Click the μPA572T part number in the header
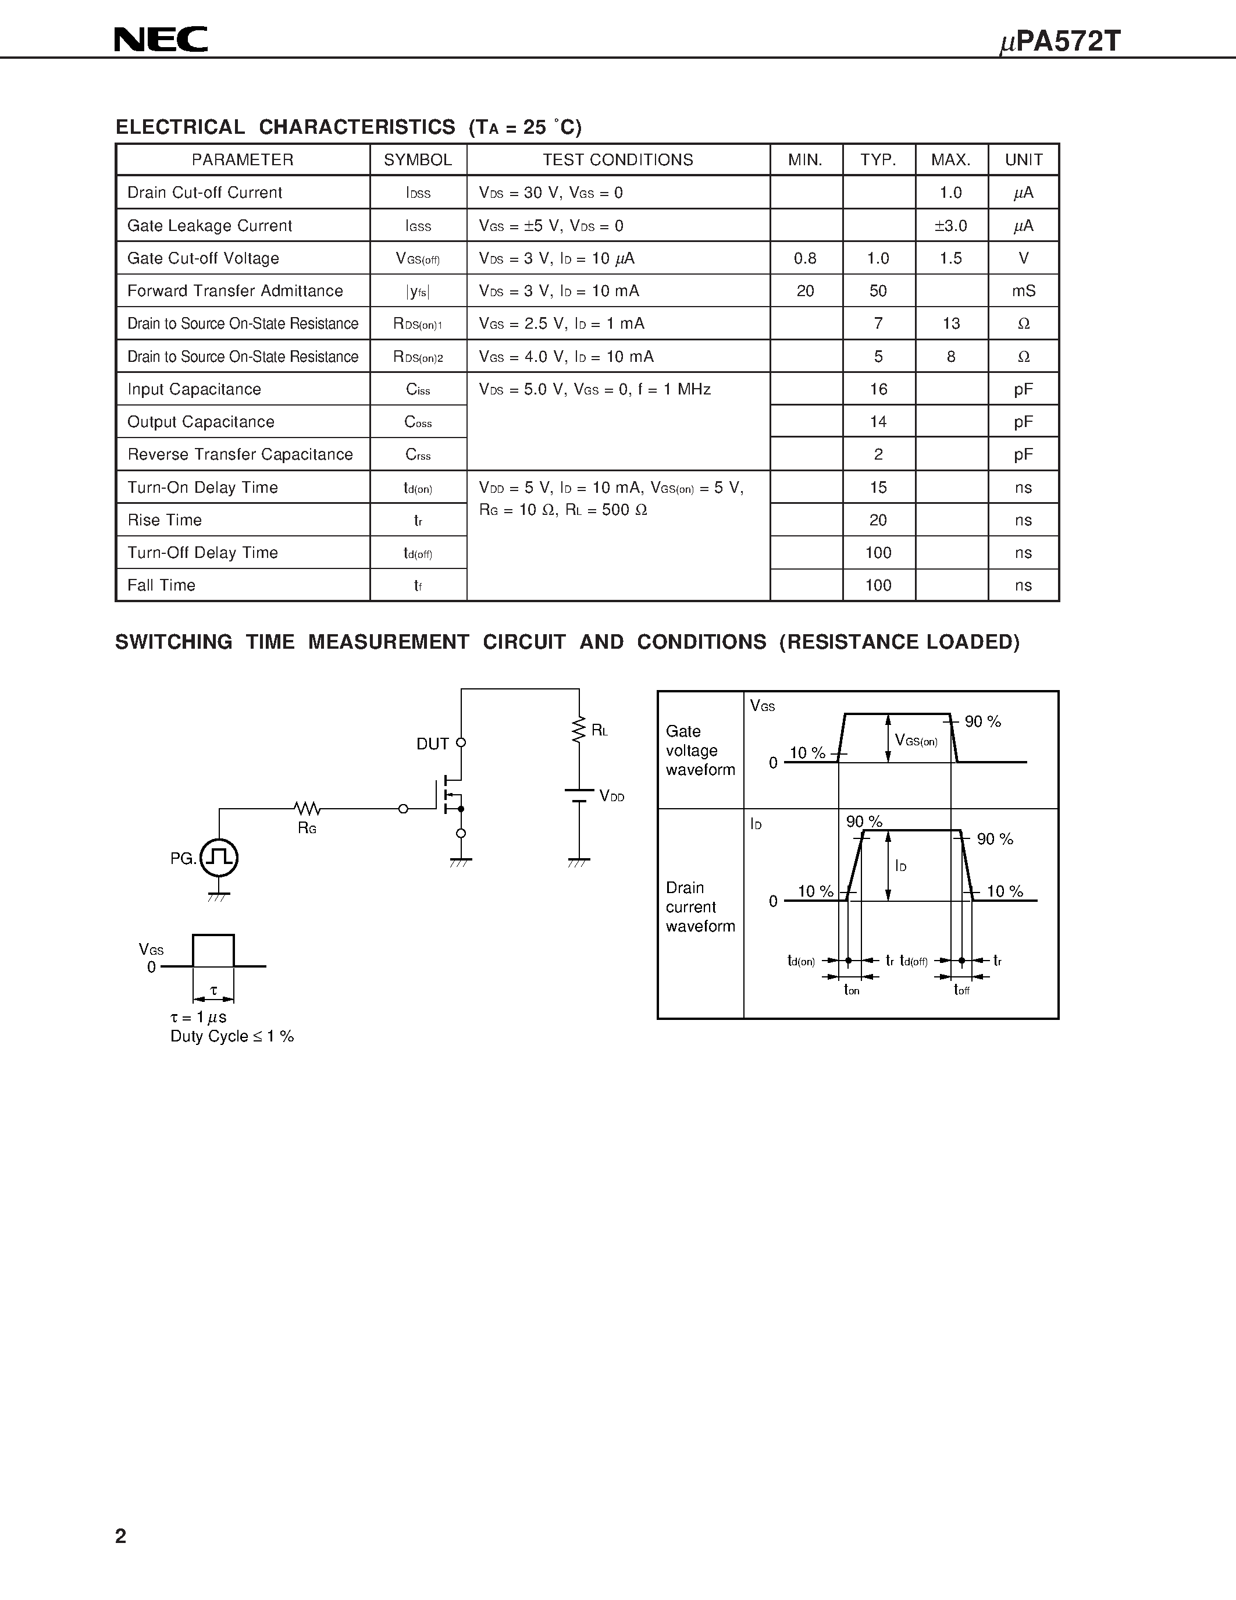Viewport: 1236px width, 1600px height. [x=1060, y=42]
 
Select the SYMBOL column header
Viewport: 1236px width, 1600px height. [x=418, y=159]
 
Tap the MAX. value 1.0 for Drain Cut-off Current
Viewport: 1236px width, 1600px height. [x=950, y=193]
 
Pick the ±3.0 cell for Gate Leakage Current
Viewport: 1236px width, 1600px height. [x=950, y=226]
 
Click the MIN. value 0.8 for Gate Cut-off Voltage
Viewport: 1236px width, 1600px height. [x=805, y=258]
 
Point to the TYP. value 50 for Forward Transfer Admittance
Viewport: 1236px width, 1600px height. [x=878, y=291]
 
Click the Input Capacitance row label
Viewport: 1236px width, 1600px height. [x=194, y=389]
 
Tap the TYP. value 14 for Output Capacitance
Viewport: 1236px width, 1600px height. [x=878, y=422]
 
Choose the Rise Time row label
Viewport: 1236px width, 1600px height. [x=165, y=520]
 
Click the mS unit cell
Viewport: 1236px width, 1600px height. [x=1023, y=291]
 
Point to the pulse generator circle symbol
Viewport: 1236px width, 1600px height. [x=219, y=857]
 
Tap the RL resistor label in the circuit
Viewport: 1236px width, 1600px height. [x=599, y=730]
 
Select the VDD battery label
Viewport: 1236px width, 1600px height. [x=611, y=797]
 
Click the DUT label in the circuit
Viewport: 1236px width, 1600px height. [x=432, y=744]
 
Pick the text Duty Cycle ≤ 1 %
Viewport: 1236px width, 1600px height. [x=231, y=1036]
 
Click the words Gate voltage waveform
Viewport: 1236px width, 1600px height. [x=700, y=750]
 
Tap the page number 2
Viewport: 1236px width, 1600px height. [x=121, y=1535]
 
